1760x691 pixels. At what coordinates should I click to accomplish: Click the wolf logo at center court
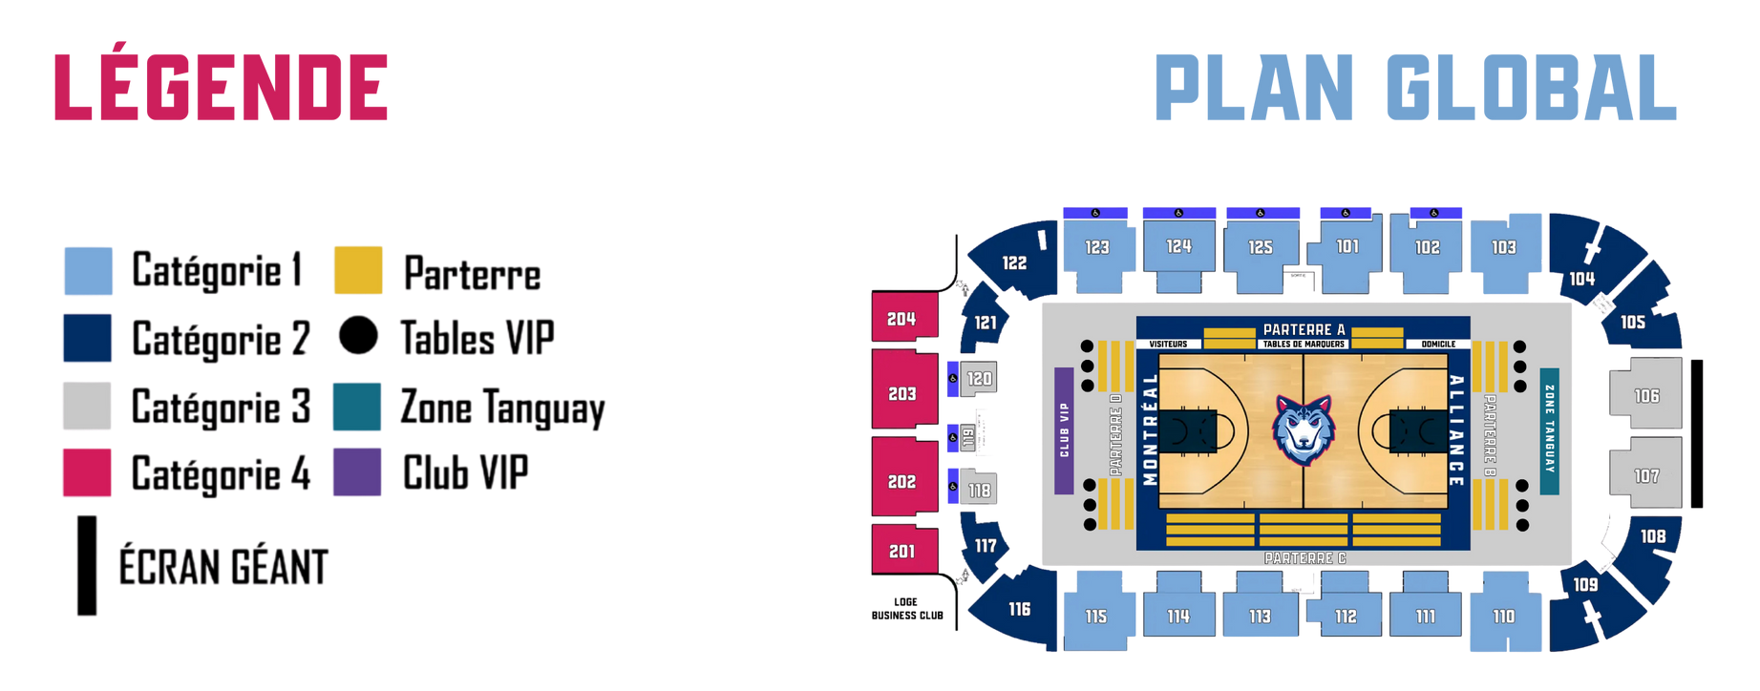1304,430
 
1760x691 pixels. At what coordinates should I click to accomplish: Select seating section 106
1646,393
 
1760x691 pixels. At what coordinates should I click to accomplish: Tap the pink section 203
902,391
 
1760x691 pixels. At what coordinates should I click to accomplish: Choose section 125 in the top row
1261,247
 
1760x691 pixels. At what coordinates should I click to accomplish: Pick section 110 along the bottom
1504,616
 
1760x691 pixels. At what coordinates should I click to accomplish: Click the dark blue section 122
1014,262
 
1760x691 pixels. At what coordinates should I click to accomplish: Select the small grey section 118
980,490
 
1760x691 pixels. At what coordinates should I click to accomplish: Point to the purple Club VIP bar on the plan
1064,430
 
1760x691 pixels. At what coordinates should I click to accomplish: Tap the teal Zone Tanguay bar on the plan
1549,430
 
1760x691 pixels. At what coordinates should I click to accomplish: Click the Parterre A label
1304,329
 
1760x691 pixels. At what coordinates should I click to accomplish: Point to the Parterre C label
1304,557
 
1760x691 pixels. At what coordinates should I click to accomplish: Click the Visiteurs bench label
1168,344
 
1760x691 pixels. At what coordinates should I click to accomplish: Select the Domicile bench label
1438,344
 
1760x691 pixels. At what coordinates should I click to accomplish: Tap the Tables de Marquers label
1304,344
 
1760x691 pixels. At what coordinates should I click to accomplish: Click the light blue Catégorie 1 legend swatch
88,271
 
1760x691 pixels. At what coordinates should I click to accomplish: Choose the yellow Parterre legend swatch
358,271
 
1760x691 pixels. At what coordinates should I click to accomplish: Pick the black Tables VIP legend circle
358,337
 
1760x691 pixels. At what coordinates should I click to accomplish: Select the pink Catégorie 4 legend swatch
87,472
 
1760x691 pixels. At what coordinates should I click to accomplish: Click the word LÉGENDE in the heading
221,88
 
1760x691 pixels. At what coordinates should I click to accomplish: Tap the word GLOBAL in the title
1531,88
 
